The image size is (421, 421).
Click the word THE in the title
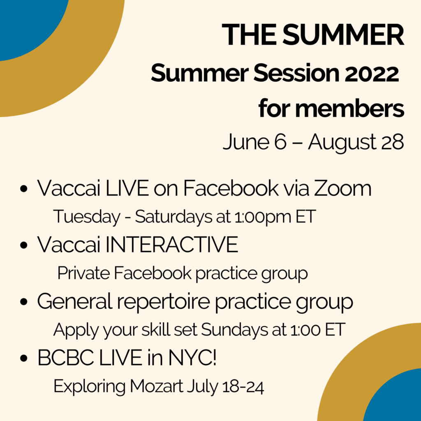coord(249,35)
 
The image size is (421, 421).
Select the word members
coord(349,109)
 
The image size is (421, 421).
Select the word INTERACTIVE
coord(172,245)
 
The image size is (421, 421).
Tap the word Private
coord(83,273)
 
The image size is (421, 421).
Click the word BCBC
coord(66,358)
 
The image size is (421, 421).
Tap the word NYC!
coord(192,358)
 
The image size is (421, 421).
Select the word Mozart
coord(157,386)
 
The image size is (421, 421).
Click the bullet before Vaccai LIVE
coord(24,188)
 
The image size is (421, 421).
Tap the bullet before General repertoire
coord(24,302)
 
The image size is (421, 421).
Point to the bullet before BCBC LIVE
coord(24,358)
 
